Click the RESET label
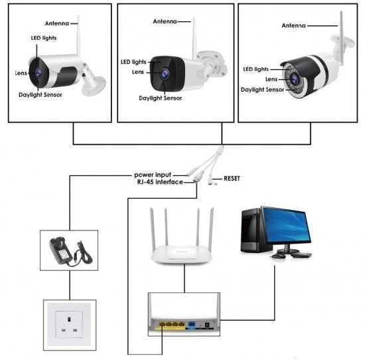point(232,179)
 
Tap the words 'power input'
point(153,175)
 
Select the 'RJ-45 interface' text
point(160,182)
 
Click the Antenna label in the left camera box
point(57,23)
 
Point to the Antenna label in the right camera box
point(293,25)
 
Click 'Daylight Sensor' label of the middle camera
point(161,98)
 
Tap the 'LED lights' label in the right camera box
point(256,69)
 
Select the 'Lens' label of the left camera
point(21,73)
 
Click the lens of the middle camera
point(165,74)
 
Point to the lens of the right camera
point(294,78)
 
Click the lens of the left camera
point(38,73)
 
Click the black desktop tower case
point(252,230)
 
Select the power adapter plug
point(60,251)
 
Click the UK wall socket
point(69,324)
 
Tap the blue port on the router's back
point(192,324)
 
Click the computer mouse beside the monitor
point(278,256)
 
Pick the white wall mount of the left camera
point(93,83)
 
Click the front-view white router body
point(182,255)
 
